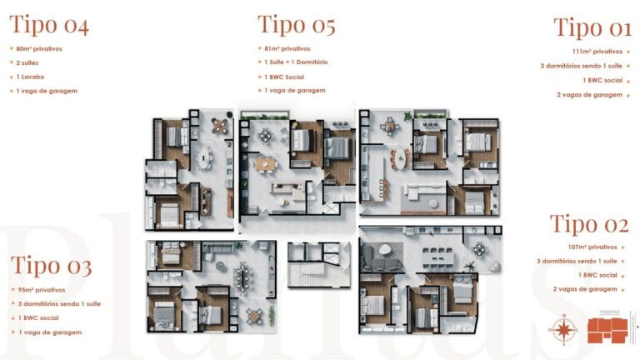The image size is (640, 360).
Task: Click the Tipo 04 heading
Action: (49, 25)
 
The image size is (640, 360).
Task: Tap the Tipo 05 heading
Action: (296, 25)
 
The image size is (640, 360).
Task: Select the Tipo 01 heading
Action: (592, 27)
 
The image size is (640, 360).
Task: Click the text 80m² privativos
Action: (39, 48)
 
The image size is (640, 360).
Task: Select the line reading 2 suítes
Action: (27, 62)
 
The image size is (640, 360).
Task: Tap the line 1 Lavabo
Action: (30, 77)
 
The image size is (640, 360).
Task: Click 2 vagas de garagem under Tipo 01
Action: (589, 95)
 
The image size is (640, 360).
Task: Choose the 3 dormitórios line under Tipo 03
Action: (58, 303)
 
